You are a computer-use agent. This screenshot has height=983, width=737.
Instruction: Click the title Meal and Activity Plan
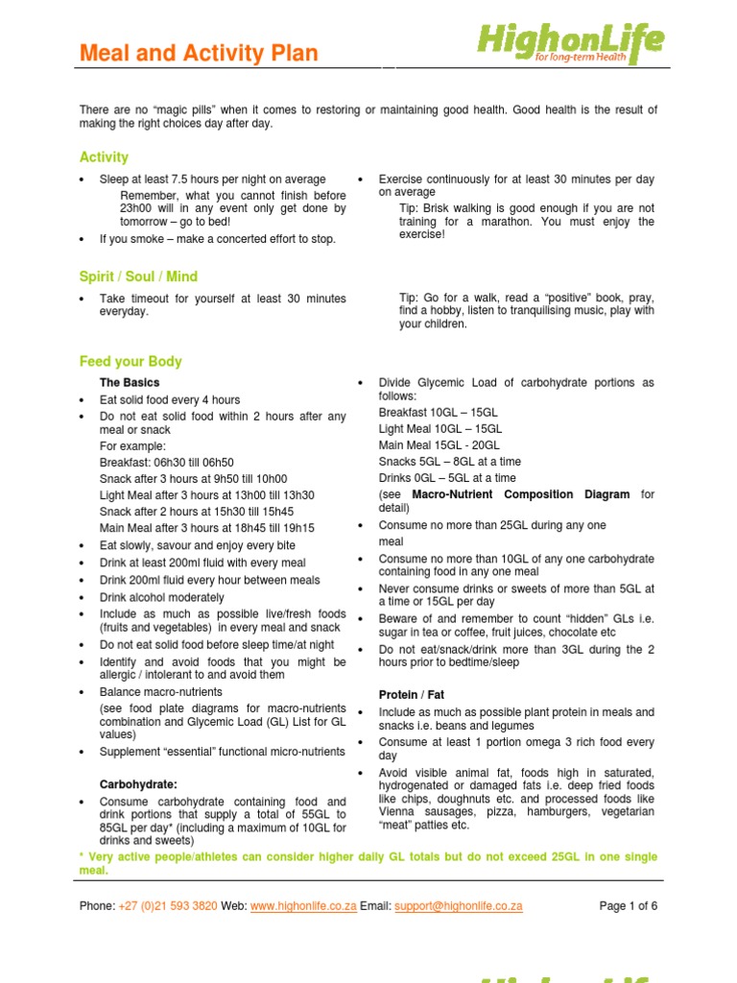coord(199,54)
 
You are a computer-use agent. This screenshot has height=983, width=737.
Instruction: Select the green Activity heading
coord(104,157)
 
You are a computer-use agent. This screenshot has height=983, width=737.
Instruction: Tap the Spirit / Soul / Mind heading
coord(138,277)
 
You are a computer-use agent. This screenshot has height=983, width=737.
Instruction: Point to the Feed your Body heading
coord(131,362)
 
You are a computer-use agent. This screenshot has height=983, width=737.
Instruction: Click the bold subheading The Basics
coord(130,383)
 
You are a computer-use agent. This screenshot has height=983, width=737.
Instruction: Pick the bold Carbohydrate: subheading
coord(138,784)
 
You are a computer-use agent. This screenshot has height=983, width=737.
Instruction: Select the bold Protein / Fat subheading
coord(412,694)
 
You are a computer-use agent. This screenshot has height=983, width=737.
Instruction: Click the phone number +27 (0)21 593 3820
coord(168,905)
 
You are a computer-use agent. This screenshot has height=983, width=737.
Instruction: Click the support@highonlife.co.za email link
coord(458,905)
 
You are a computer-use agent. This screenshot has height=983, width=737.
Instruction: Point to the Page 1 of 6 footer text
coord(629,905)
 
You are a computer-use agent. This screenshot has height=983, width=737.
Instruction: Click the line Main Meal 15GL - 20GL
coord(440,444)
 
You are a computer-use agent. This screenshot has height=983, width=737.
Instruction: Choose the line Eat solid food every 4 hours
coord(170,399)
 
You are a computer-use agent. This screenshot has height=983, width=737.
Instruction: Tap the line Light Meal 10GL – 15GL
coord(440,428)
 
